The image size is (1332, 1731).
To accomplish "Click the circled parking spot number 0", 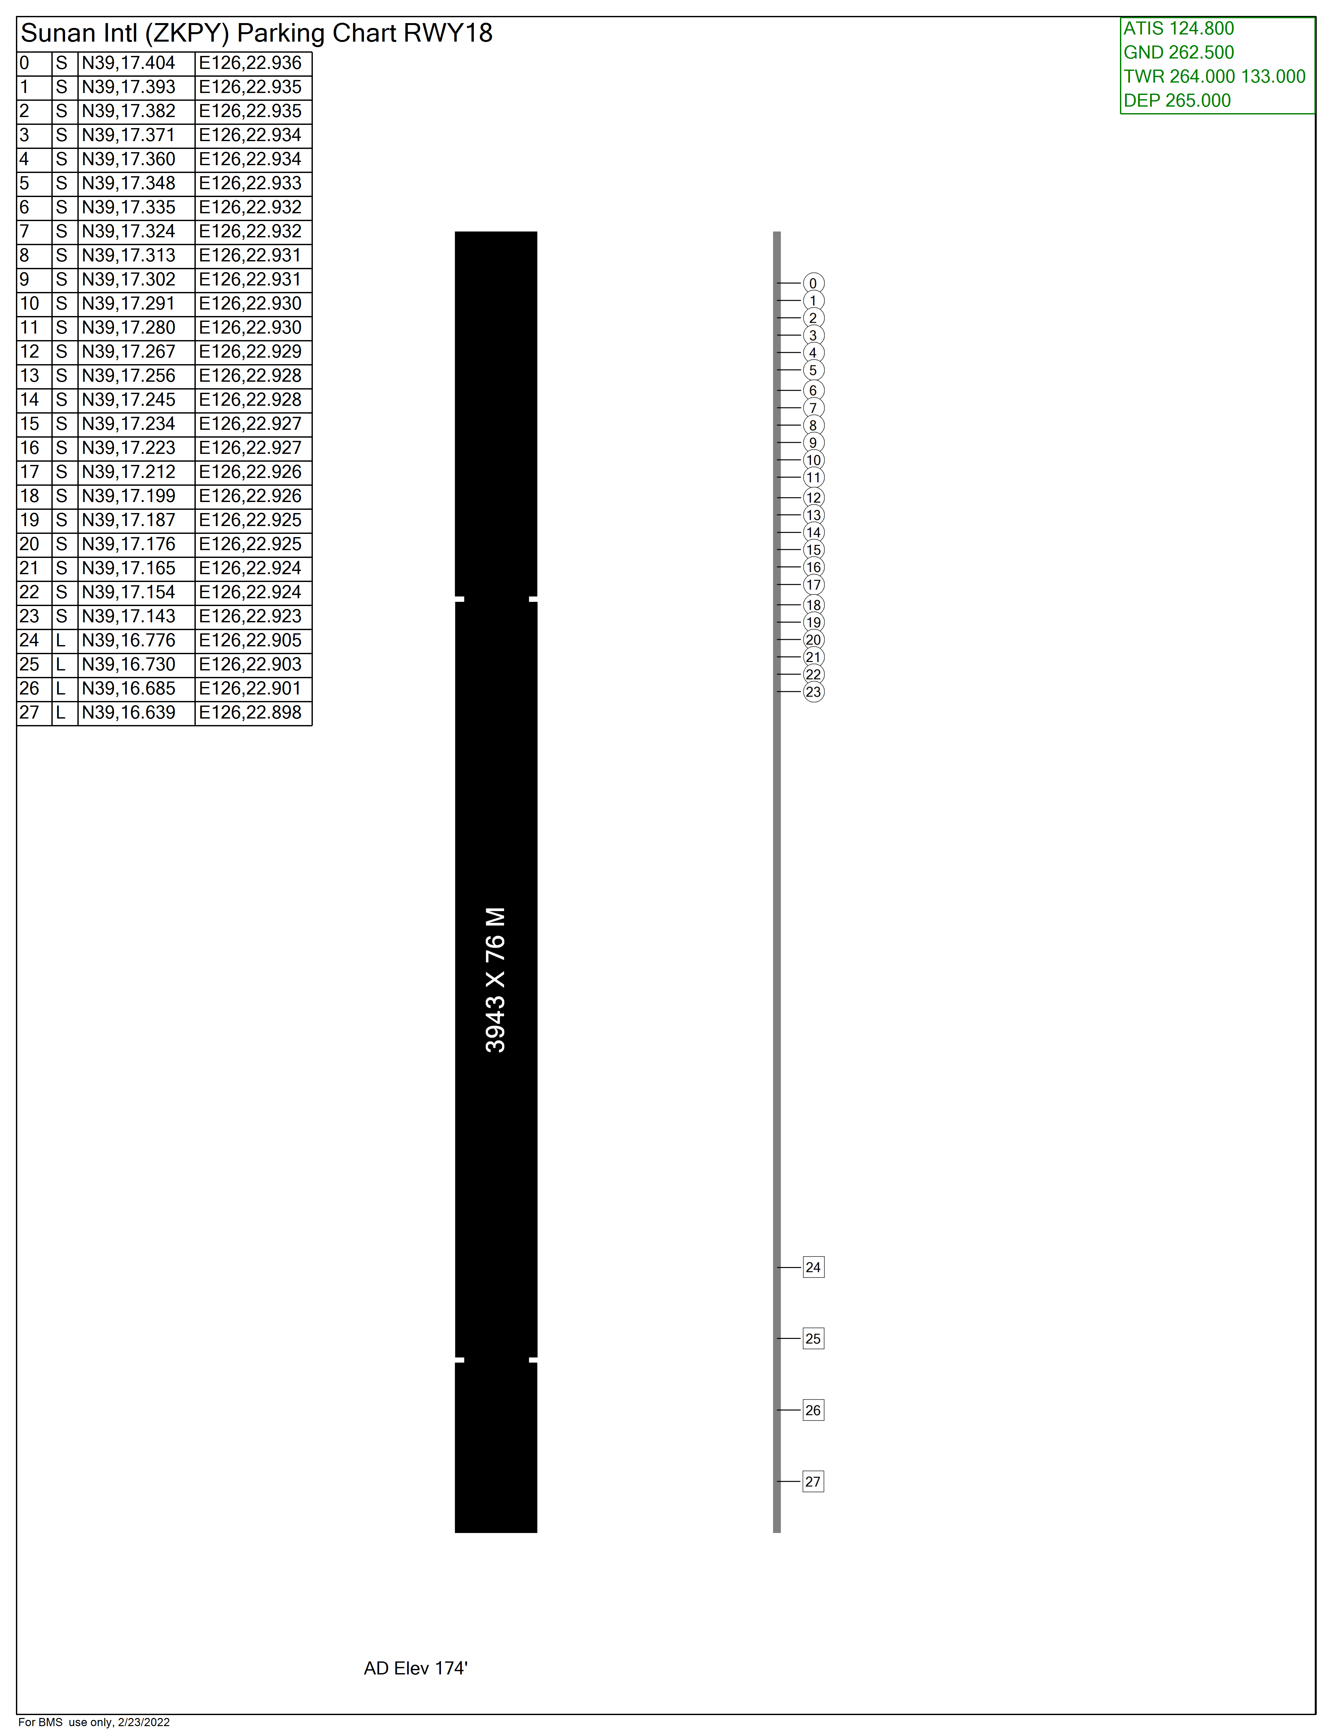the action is point(813,283).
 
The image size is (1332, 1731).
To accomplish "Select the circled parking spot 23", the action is point(813,692).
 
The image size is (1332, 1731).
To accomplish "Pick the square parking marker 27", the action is point(813,1481).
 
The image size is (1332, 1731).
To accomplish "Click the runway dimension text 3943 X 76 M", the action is point(496,980).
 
